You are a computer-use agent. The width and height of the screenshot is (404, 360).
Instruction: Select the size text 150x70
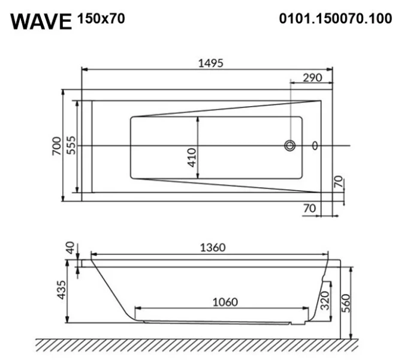101,19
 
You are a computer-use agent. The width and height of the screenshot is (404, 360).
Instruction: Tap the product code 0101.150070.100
336,19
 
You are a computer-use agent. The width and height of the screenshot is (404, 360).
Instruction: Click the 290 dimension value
312,77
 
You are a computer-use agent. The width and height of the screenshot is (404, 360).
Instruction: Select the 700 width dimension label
55,146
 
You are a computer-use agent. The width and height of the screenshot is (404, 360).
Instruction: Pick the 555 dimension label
70,146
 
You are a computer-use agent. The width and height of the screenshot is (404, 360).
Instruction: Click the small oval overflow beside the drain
315,146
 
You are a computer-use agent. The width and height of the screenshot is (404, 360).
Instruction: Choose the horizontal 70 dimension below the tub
309,208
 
